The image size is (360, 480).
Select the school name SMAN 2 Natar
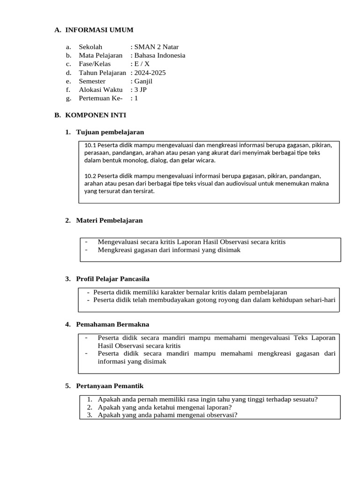tap(156, 47)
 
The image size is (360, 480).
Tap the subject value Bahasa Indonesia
tap(159, 55)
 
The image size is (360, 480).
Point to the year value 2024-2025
tap(150, 73)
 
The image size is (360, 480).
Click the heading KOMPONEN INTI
tap(95, 115)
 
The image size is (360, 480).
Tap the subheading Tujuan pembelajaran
tap(110, 132)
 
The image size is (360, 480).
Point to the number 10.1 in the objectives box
tap(90, 145)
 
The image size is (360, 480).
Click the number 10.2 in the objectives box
tap(90, 176)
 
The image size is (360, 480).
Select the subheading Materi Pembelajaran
tap(109, 220)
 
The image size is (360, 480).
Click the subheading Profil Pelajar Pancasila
tap(112, 279)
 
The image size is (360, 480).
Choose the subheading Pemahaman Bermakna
tap(112, 324)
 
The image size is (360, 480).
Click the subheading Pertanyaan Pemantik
tap(110, 386)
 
